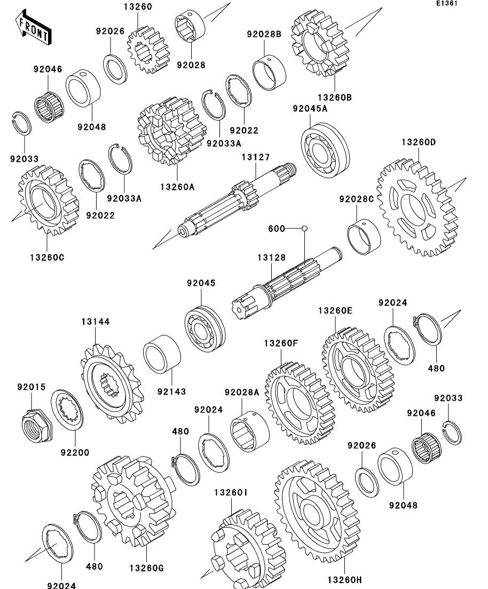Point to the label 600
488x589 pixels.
(x=277, y=229)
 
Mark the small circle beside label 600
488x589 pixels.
(x=304, y=229)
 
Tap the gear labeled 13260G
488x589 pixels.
(x=132, y=499)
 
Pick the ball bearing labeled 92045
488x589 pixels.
(x=206, y=328)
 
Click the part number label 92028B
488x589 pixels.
(x=264, y=35)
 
